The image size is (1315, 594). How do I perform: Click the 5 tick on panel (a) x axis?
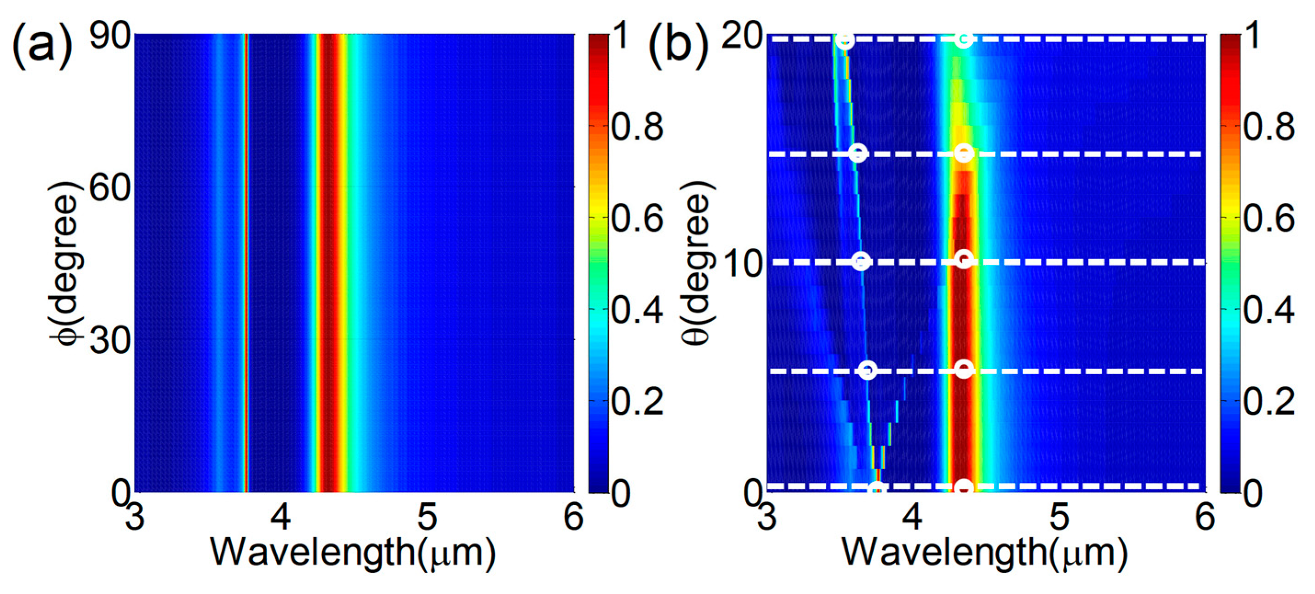[x=427, y=516]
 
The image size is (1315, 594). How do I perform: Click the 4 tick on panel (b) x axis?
[x=912, y=516]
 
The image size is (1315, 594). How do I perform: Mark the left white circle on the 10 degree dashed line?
[x=862, y=262]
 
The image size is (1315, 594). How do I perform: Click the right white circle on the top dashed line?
[x=963, y=39]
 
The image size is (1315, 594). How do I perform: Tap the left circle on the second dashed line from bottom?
[x=868, y=370]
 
